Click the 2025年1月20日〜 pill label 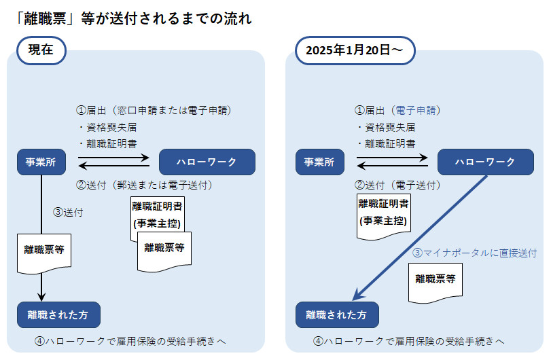click(x=355, y=50)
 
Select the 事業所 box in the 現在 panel click(x=41, y=162)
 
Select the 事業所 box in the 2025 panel click(x=320, y=162)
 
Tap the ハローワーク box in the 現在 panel click(x=207, y=162)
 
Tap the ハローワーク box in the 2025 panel click(x=485, y=162)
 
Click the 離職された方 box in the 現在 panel click(x=58, y=315)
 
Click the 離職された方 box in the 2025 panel click(x=337, y=315)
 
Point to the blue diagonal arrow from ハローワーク click(x=421, y=238)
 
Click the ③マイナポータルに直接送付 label click(x=475, y=253)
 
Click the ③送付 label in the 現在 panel click(x=68, y=211)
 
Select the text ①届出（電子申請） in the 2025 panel click(x=398, y=110)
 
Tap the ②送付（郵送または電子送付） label click(x=145, y=185)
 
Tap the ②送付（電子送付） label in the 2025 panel click(x=398, y=185)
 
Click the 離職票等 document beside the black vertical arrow click(x=41, y=250)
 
